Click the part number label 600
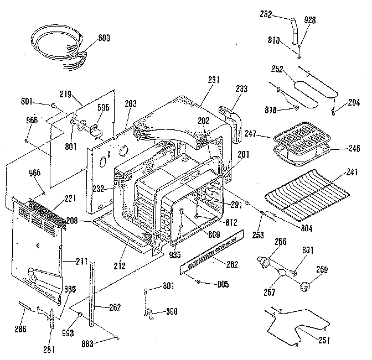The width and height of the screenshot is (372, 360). coord(104,39)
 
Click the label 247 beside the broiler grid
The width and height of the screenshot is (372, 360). coord(251,133)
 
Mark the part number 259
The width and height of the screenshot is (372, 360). coord(322,270)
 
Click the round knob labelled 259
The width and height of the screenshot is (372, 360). coord(304,285)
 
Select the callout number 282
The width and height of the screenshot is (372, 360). coord(266,15)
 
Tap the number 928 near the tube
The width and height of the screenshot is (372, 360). coord(309,20)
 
